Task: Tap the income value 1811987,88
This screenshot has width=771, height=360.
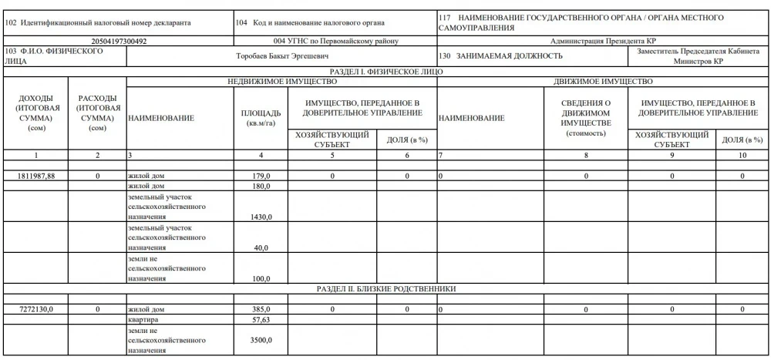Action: [36, 177]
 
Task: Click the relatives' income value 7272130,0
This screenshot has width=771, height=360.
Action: [36, 309]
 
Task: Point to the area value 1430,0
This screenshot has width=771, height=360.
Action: [259, 217]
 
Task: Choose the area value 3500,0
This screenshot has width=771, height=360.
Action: [259, 339]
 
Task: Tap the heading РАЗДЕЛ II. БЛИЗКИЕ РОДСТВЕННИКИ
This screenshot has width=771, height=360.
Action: [385, 288]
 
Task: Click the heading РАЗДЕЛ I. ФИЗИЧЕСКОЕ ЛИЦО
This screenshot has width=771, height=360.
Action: [385, 72]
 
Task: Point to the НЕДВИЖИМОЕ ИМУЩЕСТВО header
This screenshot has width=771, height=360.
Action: [281, 81]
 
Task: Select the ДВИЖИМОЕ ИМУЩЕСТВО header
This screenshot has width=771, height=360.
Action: [603, 81]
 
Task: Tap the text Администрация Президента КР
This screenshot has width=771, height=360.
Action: [603, 40]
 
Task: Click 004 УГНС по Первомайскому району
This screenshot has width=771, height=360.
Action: [335, 40]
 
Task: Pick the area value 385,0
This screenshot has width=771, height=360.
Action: [260, 309]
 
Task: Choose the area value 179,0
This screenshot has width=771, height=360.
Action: [260, 177]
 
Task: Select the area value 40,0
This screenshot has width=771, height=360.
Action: [261, 247]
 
